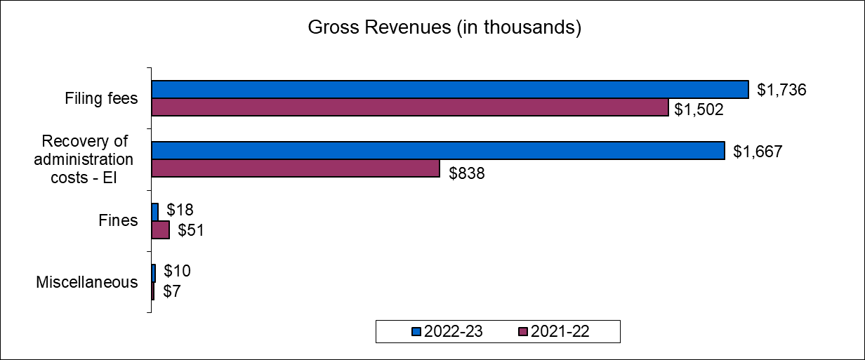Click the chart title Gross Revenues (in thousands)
[x=444, y=29]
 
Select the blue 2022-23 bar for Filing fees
[x=450, y=89]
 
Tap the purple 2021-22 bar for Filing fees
[x=410, y=107]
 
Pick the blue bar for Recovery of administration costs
[x=438, y=151]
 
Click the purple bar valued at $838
[x=296, y=168]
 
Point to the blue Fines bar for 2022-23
[x=155, y=212]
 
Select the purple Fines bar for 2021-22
[x=161, y=230]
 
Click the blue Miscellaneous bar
[x=154, y=273]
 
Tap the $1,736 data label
[x=781, y=90]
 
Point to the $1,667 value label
[x=757, y=151]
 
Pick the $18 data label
[x=180, y=210]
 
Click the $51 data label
[x=190, y=230]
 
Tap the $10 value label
[x=176, y=271]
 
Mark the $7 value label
[x=172, y=291]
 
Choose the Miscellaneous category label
[x=87, y=283]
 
